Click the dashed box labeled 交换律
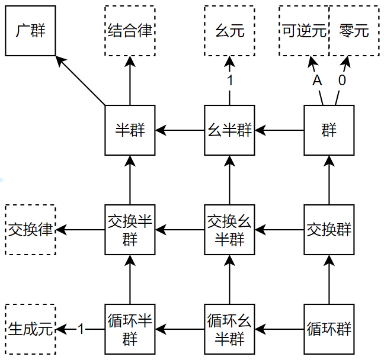(30, 230)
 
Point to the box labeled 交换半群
(130, 230)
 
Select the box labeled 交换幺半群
(229, 230)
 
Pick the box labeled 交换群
(329, 230)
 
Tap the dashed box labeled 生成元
(30, 329)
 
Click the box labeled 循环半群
(130, 329)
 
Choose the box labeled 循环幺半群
(229, 329)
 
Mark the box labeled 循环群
(329, 329)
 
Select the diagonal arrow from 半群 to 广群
(82, 81)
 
